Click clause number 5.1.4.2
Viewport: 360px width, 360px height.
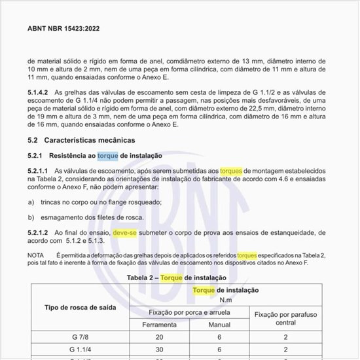tap(40, 94)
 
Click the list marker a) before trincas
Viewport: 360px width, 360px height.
tap(31, 203)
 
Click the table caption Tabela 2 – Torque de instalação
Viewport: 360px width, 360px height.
tap(179, 278)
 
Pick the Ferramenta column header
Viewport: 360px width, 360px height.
tap(158, 324)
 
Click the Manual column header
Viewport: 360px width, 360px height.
tap(219, 324)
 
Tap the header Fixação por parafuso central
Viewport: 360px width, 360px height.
tap(287, 319)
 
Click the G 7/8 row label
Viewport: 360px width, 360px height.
tap(78, 338)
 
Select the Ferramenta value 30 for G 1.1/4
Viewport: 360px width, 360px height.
tap(158, 350)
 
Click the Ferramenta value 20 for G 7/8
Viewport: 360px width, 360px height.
tap(158, 338)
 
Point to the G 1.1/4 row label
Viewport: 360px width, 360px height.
tap(78, 350)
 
